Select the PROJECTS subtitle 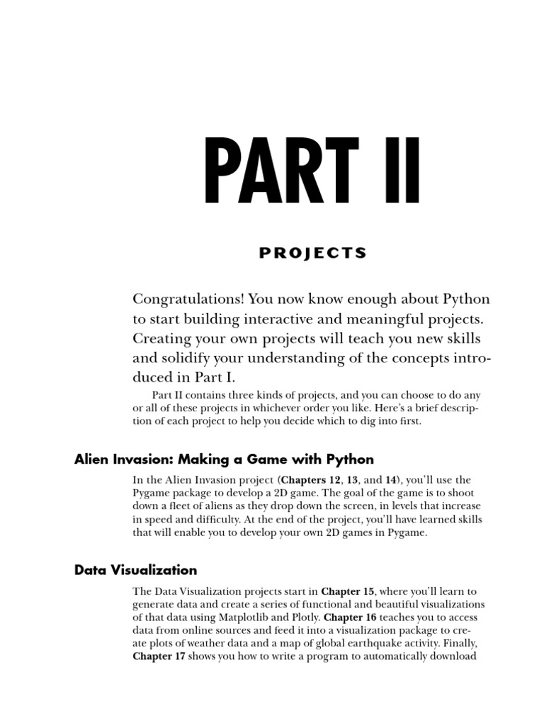click(x=312, y=253)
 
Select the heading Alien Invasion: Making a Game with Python click(x=224, y=459)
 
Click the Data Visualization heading click(x=136, y=569)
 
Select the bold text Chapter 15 click(x=348, y=590)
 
